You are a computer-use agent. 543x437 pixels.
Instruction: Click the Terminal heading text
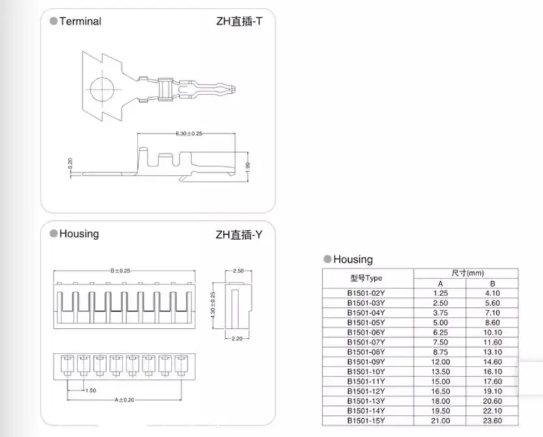click(80, 21)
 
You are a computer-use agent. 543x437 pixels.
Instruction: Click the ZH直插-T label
click(239, 22)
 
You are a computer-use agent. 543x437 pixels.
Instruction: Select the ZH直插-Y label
click(239, 235)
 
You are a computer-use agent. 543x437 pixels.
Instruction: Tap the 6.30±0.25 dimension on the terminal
click(189, 134)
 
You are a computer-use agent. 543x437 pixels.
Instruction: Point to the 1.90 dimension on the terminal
click(247, 167)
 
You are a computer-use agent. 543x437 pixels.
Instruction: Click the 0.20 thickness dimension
click(70, 163)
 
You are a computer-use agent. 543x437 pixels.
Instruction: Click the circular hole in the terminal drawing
click(102, 89)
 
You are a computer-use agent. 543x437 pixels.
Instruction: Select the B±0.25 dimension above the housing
click(120, 271)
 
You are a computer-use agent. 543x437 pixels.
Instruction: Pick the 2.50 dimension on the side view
click(239, 271)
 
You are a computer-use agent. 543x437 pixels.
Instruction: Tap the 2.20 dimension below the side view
click(237, 339)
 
